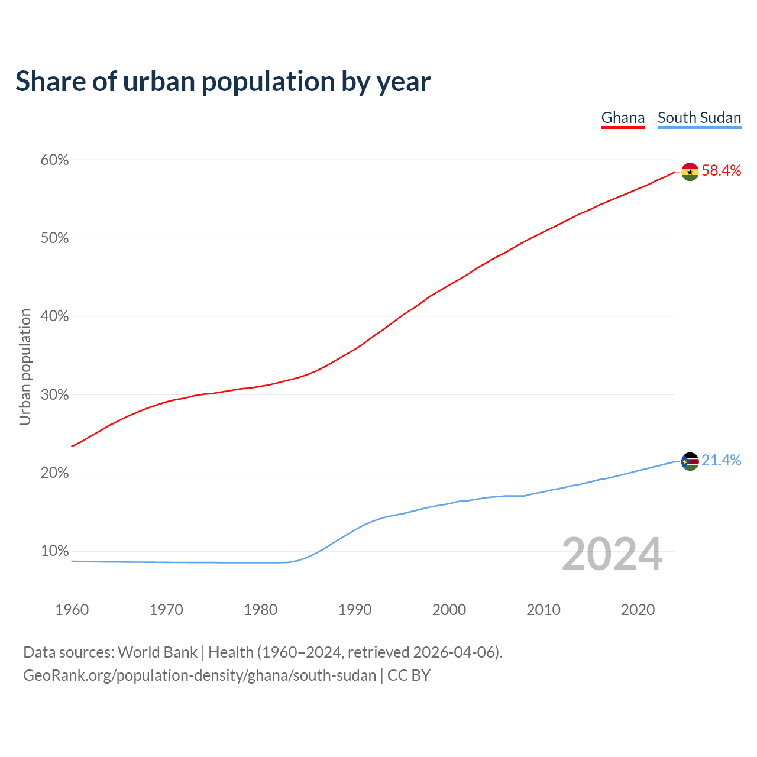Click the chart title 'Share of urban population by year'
[x=222, y=82]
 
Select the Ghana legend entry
[x=623, y=118]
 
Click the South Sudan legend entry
[x=699, y=118]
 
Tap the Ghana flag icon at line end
[x=690, y=172]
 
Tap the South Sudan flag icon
[x=690, y=461]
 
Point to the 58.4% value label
[x=721, y=171]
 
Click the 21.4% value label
[x=721, y=461]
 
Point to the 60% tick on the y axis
[x=55, y=160]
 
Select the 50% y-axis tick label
[x=55, y=238]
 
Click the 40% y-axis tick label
[x=55, y=316]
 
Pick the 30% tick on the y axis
[x=55, y=394]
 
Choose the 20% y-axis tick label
[x=55, y=473]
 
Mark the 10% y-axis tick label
[x=55, y=551]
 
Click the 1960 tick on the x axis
[x=72, y=610]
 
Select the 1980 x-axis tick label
[x=261, y=610]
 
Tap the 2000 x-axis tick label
[x=449, y=610]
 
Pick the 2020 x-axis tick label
[x=638, y=610]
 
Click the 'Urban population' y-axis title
[x=25, y=367]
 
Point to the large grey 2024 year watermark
[x=612, y=554]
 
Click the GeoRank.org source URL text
[x=199, y=675]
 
